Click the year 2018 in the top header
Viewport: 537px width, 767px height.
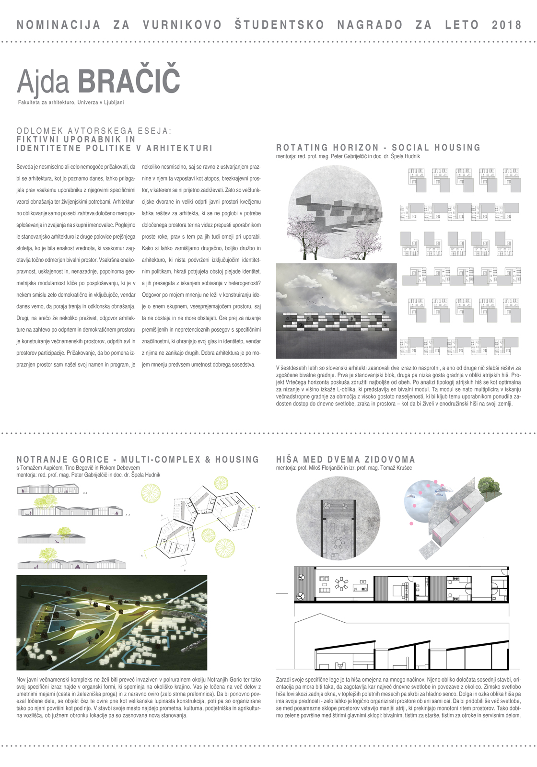[506, 25]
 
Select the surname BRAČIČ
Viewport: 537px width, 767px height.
[128, 81]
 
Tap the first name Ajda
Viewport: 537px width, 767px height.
[44, 82]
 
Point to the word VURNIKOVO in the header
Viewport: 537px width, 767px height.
[182, 25]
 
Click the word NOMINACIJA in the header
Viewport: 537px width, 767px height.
[58, 25]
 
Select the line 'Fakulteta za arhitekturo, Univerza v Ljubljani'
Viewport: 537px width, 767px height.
[71, 103]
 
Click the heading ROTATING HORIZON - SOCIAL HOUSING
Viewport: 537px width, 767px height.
[378, 148]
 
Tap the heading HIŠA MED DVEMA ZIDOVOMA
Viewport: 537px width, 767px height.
[345, 460]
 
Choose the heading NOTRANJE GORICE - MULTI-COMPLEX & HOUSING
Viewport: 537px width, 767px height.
[138, 460]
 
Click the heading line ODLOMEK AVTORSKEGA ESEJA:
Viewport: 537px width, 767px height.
[94, 131]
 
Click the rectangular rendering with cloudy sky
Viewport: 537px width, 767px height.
[336, 311]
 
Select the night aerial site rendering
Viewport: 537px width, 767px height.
[112, 622]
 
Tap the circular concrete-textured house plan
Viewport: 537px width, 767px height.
[338, 519]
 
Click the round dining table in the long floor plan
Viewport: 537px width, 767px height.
[342, 584]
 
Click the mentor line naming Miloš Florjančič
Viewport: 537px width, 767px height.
[344, 468]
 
